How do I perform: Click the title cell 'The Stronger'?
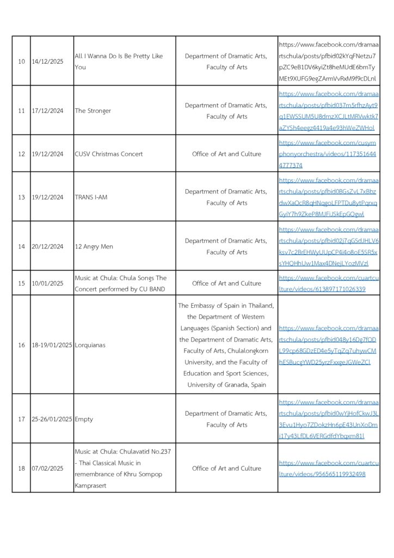93,111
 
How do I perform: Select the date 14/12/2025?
47,62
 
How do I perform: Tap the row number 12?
22,154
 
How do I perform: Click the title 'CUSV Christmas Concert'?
109,154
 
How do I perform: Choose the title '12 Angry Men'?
94,246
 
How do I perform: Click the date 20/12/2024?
47,246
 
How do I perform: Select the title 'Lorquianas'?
90,345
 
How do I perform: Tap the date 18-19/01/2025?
52,345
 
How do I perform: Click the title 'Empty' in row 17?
84,419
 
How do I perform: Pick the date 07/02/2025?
47,468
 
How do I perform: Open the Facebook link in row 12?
328,154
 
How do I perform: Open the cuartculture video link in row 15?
328,283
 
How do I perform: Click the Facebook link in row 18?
328,468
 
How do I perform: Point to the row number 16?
22,345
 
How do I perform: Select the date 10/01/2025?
47,283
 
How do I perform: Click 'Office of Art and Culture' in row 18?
226,468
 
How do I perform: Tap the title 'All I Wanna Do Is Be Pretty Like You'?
119,62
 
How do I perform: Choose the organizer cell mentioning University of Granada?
226,345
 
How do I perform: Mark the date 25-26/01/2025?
52,419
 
